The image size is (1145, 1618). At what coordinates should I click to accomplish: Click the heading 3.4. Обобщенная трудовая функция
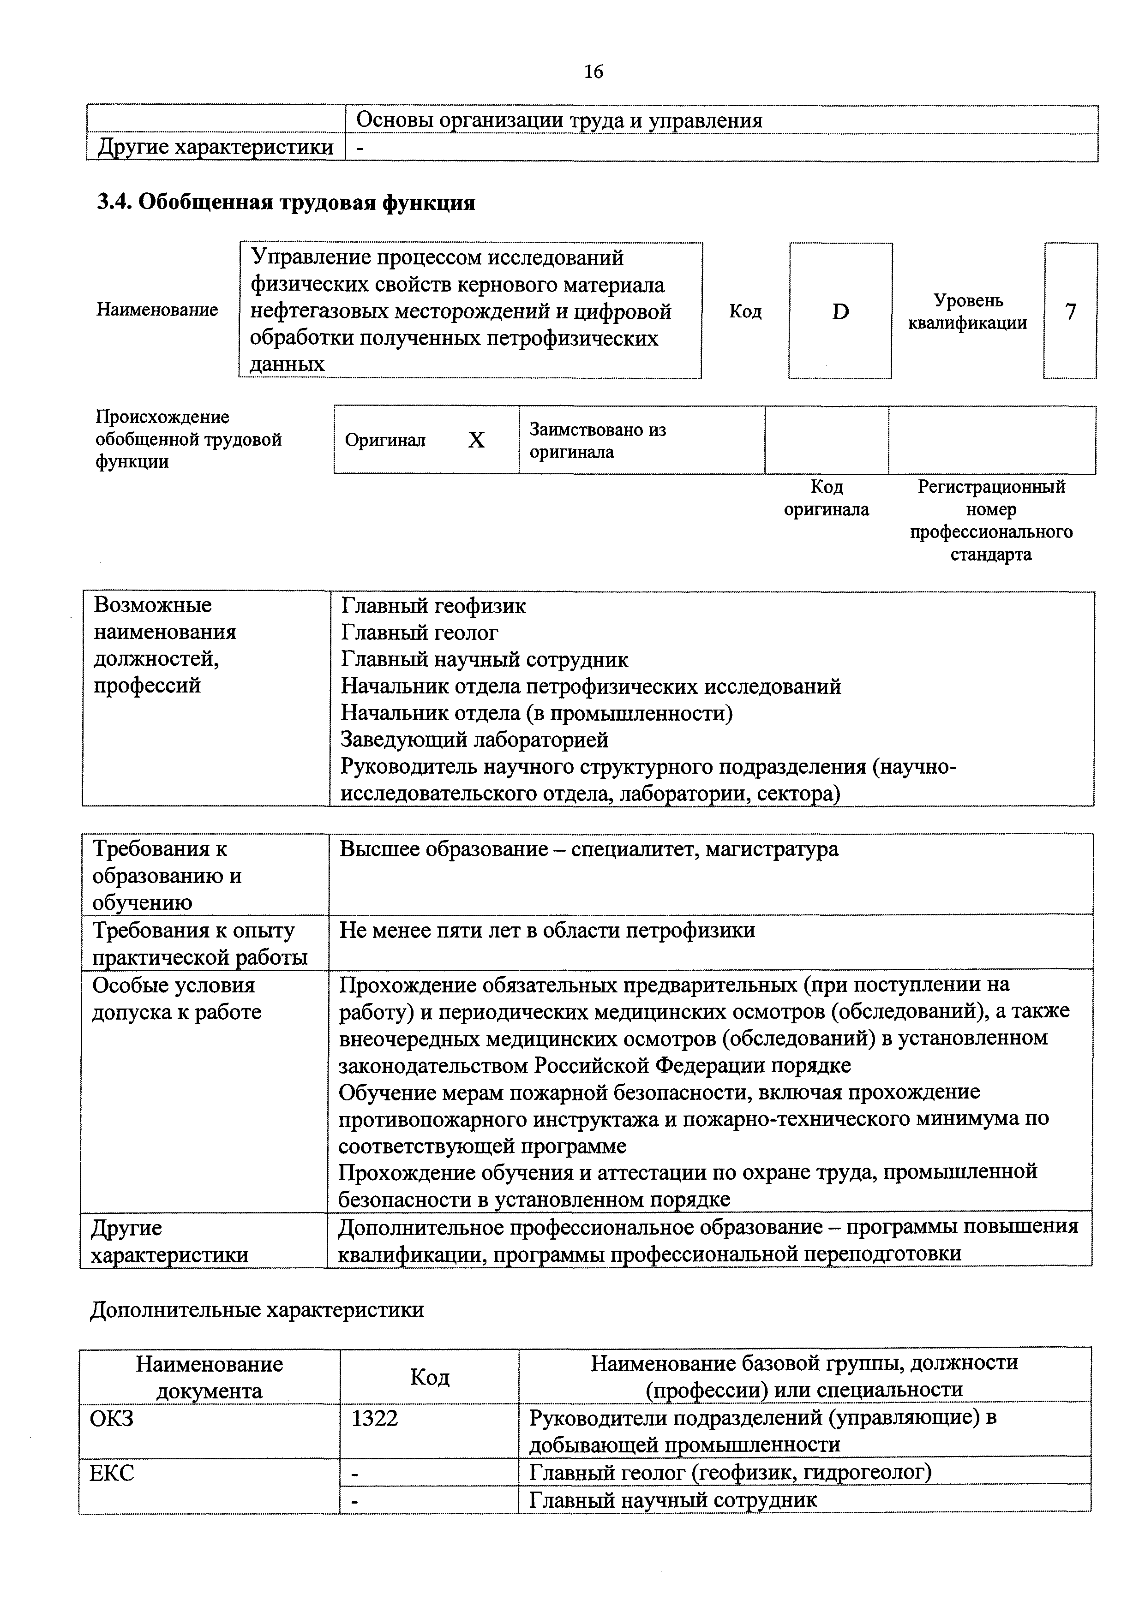click(x=286, y=203)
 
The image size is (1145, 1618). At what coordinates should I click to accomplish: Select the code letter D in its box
click(x=840, y=311)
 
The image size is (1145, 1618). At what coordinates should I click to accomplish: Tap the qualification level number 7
click(x=1070, y=311)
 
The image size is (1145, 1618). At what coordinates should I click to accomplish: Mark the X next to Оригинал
click(x=477, y=441)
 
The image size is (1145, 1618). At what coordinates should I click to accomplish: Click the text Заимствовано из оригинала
click(x=598, y=441)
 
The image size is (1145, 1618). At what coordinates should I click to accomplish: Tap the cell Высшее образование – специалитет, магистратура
click(x=589, y=849)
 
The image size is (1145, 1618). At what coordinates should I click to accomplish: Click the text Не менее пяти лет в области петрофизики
click(x=547, y=930)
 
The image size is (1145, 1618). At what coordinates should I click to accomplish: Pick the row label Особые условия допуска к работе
click(x=176, y=998)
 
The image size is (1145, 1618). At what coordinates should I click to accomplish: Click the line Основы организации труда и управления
click(x=559, y=120)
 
